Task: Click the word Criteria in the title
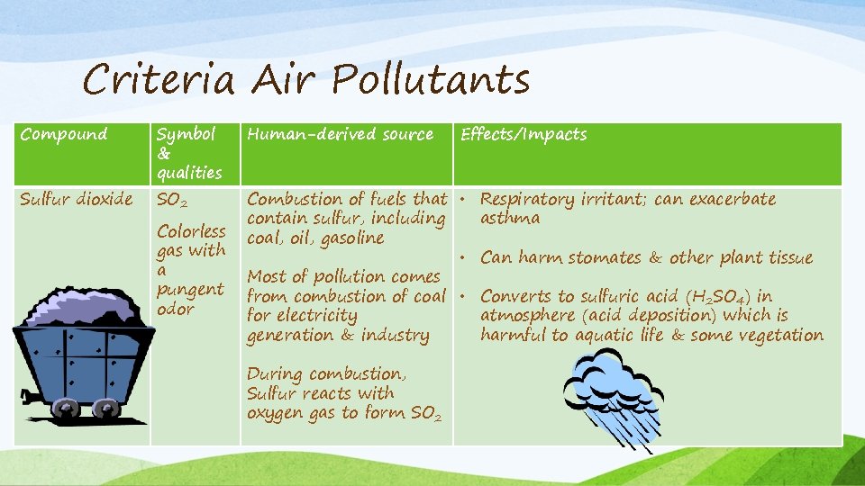(x=159, y=80)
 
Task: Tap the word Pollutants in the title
(x=431, y=80)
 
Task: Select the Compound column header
(x=64, y=134)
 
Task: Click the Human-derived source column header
(x=340, y=134)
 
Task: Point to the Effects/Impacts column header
(x=524, y=134)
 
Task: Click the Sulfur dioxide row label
(x=77, y=199)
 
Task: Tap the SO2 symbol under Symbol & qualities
(x=171, y=200)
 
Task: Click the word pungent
(x=190, y=290)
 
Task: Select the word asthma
(x=510, y=218)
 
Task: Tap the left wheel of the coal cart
(x=66, y=409)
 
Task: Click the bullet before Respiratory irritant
(x=460, y=199)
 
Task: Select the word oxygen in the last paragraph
(x=277, y=413)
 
